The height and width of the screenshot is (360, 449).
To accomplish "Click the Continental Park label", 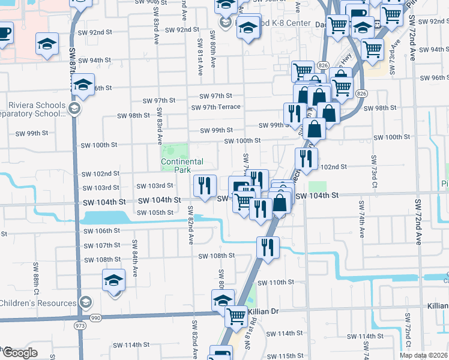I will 182,166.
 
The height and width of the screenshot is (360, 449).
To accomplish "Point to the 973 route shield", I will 80,325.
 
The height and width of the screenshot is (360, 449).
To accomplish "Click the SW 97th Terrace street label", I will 215,107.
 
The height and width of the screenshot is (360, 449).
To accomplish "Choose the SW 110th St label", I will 276,282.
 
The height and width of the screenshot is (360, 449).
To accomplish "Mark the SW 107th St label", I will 102,245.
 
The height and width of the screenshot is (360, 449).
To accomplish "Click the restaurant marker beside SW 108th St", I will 268,247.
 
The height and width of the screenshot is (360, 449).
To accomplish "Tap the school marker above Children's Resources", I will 113,280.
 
